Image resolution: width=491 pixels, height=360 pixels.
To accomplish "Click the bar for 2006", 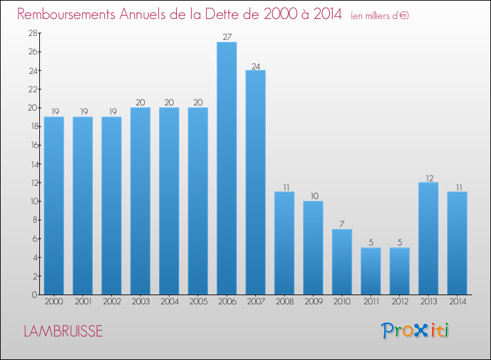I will click(x=227, y=168).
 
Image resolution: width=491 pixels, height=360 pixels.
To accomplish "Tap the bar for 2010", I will click(x=342, y=262).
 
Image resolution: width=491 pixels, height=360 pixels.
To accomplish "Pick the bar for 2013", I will click(x=428, y=238).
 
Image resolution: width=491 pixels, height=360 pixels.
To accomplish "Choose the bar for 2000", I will click(x=54, y=206).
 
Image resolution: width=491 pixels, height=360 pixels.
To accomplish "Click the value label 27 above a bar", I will click(x=227, y=37).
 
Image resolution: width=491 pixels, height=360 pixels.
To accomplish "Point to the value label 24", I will click(x=255, y=65).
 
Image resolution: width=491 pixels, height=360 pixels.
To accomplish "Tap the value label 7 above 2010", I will click(x=342, y=225).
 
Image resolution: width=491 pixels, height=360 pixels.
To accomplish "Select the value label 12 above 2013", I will click(x=428, y=177).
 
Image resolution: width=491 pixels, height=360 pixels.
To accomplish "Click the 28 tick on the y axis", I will click(x=30, y=33).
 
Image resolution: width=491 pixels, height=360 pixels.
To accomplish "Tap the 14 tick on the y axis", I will click(x=30, y=164).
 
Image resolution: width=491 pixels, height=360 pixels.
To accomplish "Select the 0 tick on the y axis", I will click(x=33, y=295).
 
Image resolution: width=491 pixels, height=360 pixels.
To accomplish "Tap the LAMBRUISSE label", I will click(x=63, y=331).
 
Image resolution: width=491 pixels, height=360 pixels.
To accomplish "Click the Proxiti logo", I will click(x=416, y=331).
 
